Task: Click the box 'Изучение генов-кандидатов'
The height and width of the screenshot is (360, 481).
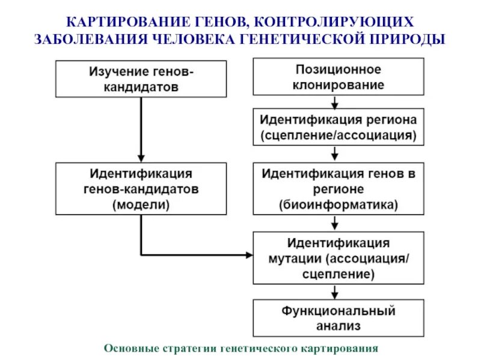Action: pyautogui.click(x=142, y=79)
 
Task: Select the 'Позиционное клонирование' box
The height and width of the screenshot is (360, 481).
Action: pyautogui.click(x=338, y=76)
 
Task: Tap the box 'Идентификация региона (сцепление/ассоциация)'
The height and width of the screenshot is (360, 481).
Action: pyautogui.click(x=338, y=126)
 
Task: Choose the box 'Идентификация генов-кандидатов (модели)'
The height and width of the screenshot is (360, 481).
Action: pyautogui.click(x=142, y=188)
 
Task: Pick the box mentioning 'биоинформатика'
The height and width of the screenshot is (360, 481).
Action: pyautogui.click(x=338, y=188)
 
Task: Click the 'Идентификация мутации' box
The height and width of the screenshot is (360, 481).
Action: pyautogui.click(x=338, y=259)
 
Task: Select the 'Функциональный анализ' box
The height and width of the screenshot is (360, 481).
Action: pyautogui.click(x=338, y=318)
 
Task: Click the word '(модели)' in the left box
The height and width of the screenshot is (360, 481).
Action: pyautogui.click(x=141, y=204)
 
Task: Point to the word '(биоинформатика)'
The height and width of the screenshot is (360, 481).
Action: pyautogui.click(x=338, y=204)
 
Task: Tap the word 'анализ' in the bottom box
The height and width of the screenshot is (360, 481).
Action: pyautogui.click(x=338, y=326)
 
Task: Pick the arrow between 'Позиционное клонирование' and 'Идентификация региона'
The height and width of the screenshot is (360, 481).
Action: pyautogui.click(x=335, y=101)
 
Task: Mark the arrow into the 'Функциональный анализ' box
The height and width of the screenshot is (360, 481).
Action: pyautogui.click(x=335, y=293)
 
